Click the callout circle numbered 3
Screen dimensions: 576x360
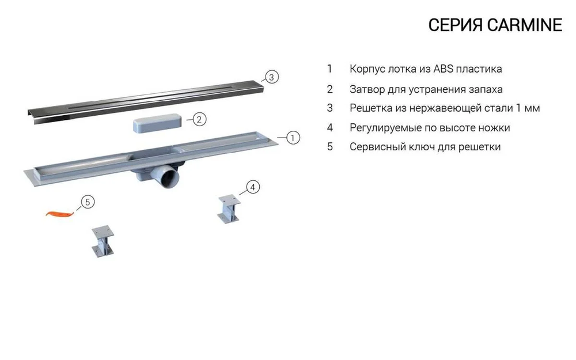[271, 77]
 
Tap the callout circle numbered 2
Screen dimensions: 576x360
[199, 119]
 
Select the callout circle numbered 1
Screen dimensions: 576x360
[293, 138]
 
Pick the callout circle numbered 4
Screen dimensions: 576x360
[253, 187]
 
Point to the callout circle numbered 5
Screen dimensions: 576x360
[88, 202]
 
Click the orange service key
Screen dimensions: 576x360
[60, 214]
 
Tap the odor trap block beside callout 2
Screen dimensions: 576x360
[157, 123]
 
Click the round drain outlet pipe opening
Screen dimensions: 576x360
[170, 177]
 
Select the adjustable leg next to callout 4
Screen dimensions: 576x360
[229, 209]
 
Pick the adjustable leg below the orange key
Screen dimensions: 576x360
[103, 241]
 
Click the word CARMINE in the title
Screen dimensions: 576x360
[525, 25]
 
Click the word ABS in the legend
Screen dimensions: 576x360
[444, 69]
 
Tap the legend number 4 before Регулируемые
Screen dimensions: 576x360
[330, 128]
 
